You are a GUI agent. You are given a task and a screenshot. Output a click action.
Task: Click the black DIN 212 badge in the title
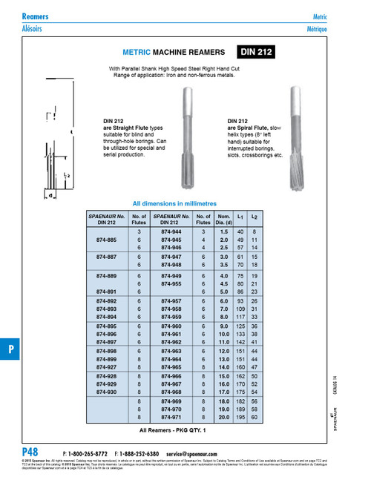click(x=257, y=52)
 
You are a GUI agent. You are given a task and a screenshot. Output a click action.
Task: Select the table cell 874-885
click(x=107, y=240)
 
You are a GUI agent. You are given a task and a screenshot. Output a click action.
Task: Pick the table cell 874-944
click(x=171, y=232)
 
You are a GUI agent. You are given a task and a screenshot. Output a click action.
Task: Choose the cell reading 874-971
click(x=171, y=417)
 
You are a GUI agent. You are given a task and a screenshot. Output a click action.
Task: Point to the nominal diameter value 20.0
click(x=223, y=417)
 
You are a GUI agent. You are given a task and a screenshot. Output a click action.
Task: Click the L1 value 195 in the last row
click(x=240, y=417)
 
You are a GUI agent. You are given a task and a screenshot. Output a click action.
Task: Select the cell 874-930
click(x=107, y=392)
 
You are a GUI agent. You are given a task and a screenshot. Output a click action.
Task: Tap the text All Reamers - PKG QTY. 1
click(x=173, y=430)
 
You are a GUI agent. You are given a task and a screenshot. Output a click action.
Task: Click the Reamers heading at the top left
click(x=37, y=16)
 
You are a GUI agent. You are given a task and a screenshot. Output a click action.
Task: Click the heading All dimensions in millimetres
click(x=172, y=203)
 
